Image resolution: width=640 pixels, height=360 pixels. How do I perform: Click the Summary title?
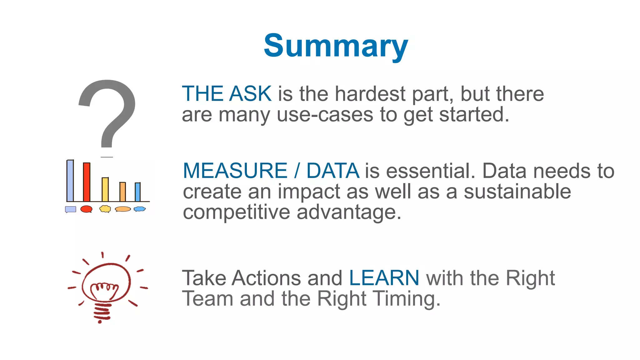[x=336, y=46]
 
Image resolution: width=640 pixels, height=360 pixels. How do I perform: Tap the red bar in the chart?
[x=87, y=182]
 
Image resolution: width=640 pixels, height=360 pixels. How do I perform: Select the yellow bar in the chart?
[x=105, y=190]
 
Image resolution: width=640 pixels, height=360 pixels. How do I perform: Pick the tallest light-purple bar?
[x=70, y=181]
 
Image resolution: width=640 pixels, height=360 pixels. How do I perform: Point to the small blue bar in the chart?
[x=137, y=192]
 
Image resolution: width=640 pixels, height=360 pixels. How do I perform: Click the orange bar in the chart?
[x=123, y=192]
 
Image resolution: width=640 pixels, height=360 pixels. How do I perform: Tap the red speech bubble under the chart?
[x=86, y=209]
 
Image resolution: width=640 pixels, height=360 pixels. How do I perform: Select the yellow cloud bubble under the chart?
[x=105, y=209]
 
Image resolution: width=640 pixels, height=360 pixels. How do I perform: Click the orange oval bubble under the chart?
[x=123, y=209]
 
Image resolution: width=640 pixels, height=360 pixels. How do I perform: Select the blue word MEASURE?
[x=235, y=171]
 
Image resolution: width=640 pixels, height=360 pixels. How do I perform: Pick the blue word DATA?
[x=332, y=171]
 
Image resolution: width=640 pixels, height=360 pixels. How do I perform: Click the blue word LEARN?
[x=384, y=278]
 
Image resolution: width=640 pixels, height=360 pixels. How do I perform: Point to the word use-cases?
[x=325, y=114]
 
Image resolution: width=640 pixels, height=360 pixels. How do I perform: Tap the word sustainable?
[x=517, y=192]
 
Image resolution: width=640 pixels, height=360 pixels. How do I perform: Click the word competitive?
[x=237, y=212]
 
